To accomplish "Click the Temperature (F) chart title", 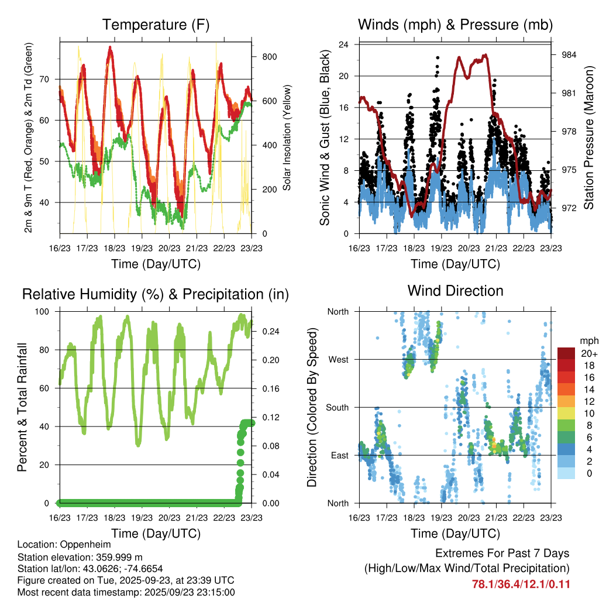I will [x=156, y=25].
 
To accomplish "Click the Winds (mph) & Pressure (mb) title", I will [x=455, y=25].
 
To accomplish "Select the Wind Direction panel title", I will [x=455, y=290].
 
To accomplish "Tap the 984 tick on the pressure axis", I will [x=569, y=55].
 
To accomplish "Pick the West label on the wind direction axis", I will [x=339, y=360].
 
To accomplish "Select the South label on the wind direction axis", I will [x=338, y=407].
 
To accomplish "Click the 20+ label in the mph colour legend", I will [x=588, y=353].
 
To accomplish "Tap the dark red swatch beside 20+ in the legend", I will [x=566, y=353].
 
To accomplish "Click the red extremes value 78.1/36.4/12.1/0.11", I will [x=521, y=584].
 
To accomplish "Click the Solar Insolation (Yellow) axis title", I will [x=287, y=137].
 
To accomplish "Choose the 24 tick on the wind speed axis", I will [x=344, y=44].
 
